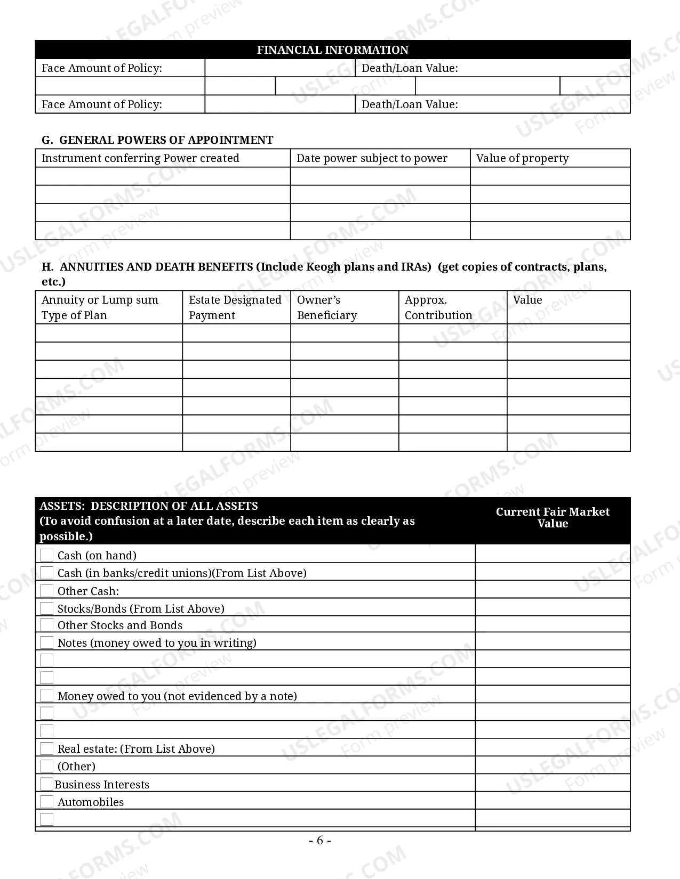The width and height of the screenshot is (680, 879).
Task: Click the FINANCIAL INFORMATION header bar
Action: (332, 50)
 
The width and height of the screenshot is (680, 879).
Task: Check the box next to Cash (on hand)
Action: (47, 555)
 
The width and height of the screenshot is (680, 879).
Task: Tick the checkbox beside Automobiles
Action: (47, 802)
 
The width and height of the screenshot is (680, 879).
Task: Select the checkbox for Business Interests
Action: (47, 784)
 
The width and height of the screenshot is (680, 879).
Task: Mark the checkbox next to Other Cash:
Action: (47, 591)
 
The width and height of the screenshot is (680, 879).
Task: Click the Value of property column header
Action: (522, 158)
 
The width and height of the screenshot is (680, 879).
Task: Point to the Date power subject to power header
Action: (372, 158)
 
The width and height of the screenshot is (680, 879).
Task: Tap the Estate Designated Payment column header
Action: (235, 307)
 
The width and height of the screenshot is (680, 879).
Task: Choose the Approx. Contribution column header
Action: (438, 307)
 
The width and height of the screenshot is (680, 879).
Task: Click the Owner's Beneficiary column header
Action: (326, 307)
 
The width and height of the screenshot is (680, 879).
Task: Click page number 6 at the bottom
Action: (320, 840)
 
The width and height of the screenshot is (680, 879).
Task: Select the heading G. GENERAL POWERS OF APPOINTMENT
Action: (157, 140)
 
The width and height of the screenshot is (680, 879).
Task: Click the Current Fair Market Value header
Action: (553, 517)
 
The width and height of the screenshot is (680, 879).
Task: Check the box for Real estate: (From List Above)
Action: (47, 748)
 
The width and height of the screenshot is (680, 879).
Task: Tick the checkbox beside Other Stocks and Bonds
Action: (47, 625)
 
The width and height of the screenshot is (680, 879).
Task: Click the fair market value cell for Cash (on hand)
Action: (553, 555)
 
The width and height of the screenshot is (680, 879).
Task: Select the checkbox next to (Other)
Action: (47, 766)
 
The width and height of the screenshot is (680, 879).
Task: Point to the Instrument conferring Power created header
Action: (140, 158)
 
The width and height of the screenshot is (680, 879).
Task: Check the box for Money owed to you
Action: (47, 696)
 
